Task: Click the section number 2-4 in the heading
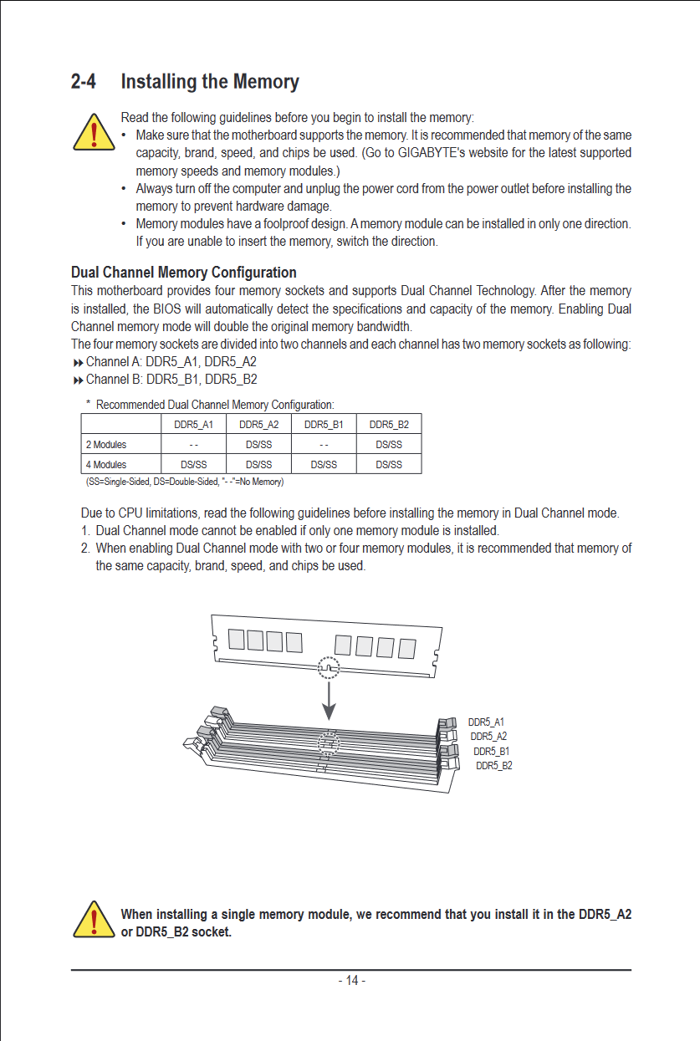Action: point(84,82)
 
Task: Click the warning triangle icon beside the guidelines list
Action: point(95,132)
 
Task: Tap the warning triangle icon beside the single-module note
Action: point(95,921)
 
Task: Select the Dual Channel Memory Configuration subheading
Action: point(184,273)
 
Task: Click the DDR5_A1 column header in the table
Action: point(193,425)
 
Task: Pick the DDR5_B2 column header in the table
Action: point(389,425)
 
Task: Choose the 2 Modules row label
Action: point(106,445)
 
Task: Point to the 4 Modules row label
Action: point(106,465)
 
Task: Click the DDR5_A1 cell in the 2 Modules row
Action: point(193,445)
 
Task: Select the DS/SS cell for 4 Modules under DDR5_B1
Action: point(324,465)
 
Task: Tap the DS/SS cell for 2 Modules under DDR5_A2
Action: point(258,445)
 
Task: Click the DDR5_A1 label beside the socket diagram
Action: point(486,722)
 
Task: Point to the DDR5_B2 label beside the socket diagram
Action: point(493,766)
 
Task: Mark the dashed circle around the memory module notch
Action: point(330,667)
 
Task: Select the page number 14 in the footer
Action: point(351,981)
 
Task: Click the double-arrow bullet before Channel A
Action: point(79,363)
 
